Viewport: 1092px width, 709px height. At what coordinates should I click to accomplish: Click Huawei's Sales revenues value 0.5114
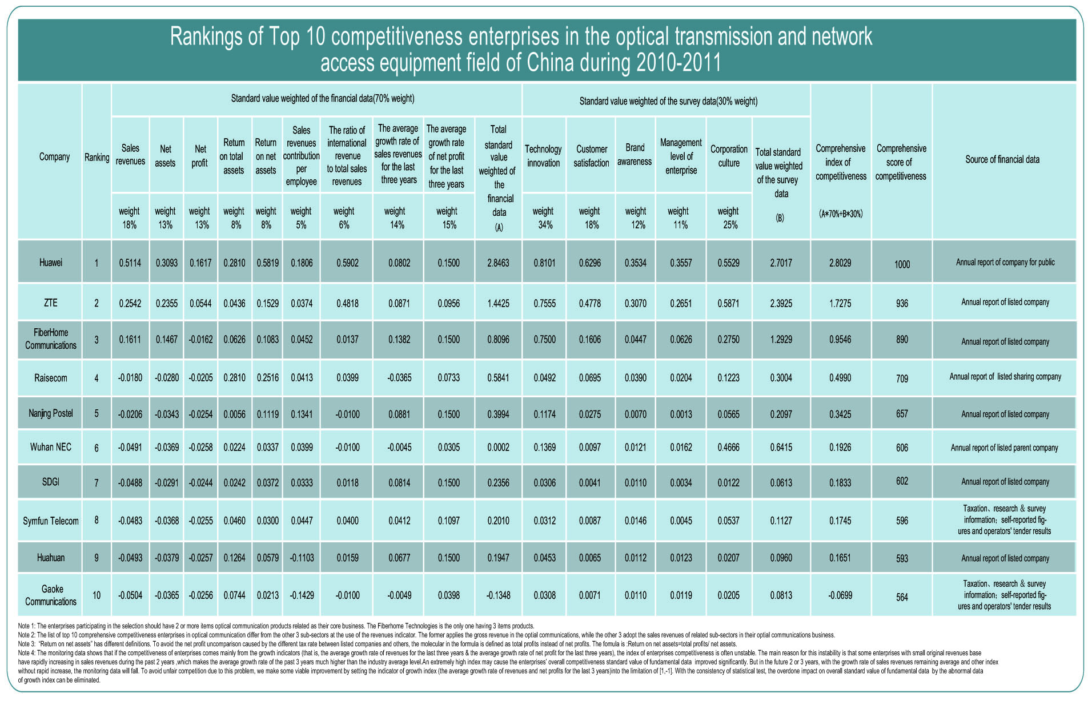tap(130, 263)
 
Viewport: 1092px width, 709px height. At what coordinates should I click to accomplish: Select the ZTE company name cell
tap(51, 303)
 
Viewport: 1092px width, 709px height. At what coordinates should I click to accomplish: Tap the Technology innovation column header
tap(543, 156)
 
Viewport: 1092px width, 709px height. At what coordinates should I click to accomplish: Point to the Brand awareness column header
tap(635, 155)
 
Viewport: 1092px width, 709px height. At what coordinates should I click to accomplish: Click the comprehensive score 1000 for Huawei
tap(902, 264)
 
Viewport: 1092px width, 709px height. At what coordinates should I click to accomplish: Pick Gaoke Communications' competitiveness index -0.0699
tap(840, 595)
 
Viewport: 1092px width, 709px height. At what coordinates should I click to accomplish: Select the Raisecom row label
tap(51, 378)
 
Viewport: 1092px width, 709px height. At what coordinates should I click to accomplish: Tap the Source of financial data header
tap(1002, 159)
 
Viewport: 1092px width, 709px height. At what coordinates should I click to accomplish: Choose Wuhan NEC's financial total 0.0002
tap(498, 448)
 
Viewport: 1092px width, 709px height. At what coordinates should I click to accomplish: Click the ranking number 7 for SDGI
tap(97, 483)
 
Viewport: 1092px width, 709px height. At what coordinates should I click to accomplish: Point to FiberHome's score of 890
tap(902, 339)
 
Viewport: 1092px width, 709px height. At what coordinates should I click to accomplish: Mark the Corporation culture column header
tap(729, 156)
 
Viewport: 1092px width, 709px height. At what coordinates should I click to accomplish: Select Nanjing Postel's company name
tap(51, 413)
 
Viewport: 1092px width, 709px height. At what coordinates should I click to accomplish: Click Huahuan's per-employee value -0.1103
tap(302, 558)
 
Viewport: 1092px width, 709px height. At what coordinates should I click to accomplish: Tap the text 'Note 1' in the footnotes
tap(26, 626)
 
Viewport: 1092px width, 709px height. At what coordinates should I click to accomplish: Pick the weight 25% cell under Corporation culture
tap(728, 218)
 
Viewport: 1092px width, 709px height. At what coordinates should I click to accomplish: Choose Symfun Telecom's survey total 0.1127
tap(781, 521)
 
